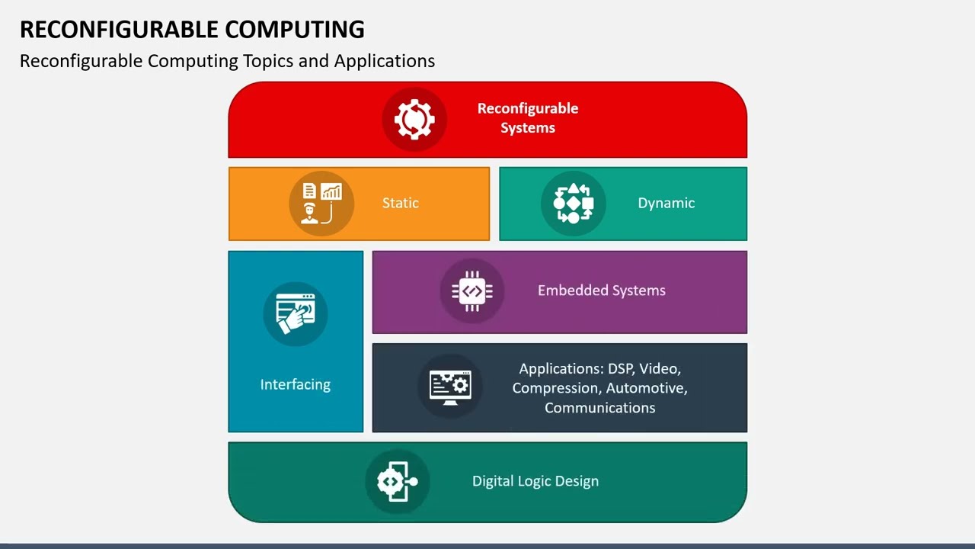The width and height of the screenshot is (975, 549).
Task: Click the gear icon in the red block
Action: click(414, 119)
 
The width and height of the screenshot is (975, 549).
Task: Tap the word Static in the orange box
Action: click(401, 203)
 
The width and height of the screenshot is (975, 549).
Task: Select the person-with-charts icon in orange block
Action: click(321, 204)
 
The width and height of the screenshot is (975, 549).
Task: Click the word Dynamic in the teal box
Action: click(666, 203)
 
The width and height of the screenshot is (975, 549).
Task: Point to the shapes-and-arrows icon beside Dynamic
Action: click(573, 204)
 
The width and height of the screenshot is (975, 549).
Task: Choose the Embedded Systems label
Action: click(601, 291)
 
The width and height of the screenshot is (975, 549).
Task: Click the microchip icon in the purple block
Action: click(472, 291)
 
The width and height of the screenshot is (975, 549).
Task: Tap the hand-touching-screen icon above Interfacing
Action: click(296, 313)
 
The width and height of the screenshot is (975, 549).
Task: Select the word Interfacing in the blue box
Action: click(296, 384)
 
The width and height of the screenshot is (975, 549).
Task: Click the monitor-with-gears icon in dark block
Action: click(450, 386)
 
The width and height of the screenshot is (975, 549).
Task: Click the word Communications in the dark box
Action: click(599, 408)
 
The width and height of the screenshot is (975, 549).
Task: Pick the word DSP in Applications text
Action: click(620, 369)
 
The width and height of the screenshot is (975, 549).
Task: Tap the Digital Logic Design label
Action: click(535, 481)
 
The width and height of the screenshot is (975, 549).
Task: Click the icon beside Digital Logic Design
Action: click(398, 481)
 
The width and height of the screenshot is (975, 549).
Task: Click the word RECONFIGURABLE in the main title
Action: click(118, 29)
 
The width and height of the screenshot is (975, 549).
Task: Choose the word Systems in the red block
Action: click(527, 128)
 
